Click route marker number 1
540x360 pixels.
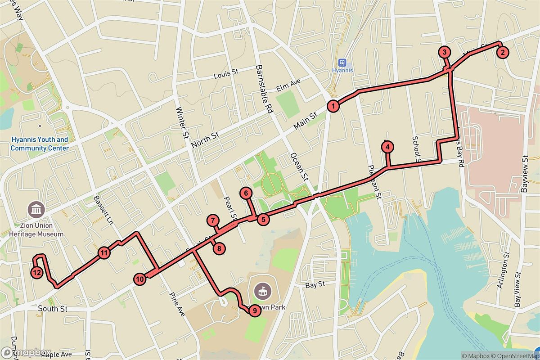[x=333, y=106]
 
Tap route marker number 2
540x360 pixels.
[x=502, y=53]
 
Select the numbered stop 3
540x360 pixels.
[x=444, y=52]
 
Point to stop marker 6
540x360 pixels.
[x=246, y=193]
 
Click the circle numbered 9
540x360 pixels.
[x=254, y=310]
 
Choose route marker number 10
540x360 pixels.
[x=140, y=279]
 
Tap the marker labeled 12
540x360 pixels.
[x=37, y=272]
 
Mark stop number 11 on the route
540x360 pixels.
[x=104, y=253]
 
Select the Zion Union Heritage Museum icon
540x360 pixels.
[x=36, y=209]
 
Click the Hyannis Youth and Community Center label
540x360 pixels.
[x=40, y=144]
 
